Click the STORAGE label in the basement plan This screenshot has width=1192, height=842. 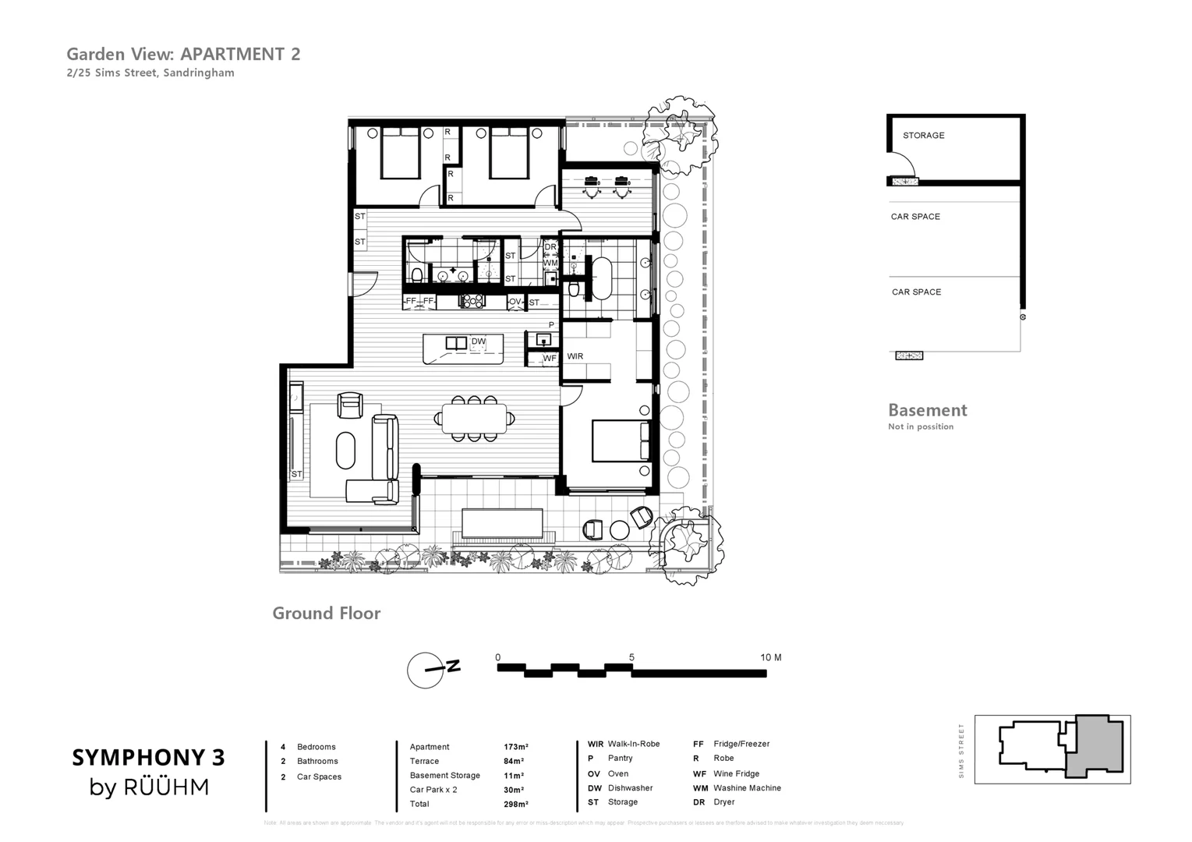point(923,136)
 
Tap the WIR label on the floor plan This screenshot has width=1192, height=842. point(575,356)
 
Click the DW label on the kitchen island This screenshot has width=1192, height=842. point(478,341)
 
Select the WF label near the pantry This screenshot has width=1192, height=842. point(550,359)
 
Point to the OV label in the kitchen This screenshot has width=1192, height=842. point(515,302)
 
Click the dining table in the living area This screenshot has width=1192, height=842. point(474,418)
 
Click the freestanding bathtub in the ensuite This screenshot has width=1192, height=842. point(602,278)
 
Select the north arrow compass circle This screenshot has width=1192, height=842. point(425,670)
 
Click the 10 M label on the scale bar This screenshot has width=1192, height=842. point(770,658)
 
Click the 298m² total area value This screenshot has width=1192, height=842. point(515,804)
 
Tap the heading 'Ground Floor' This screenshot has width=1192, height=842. point(326,614)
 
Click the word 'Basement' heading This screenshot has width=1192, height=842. point(927,410)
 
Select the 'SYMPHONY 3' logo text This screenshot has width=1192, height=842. point(148,757)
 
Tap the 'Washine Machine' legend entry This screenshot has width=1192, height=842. point(746,788)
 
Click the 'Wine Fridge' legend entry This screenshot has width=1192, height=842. point(736,774)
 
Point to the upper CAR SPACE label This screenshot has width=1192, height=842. point(915,217)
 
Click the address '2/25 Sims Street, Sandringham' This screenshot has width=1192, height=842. point(150,73)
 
